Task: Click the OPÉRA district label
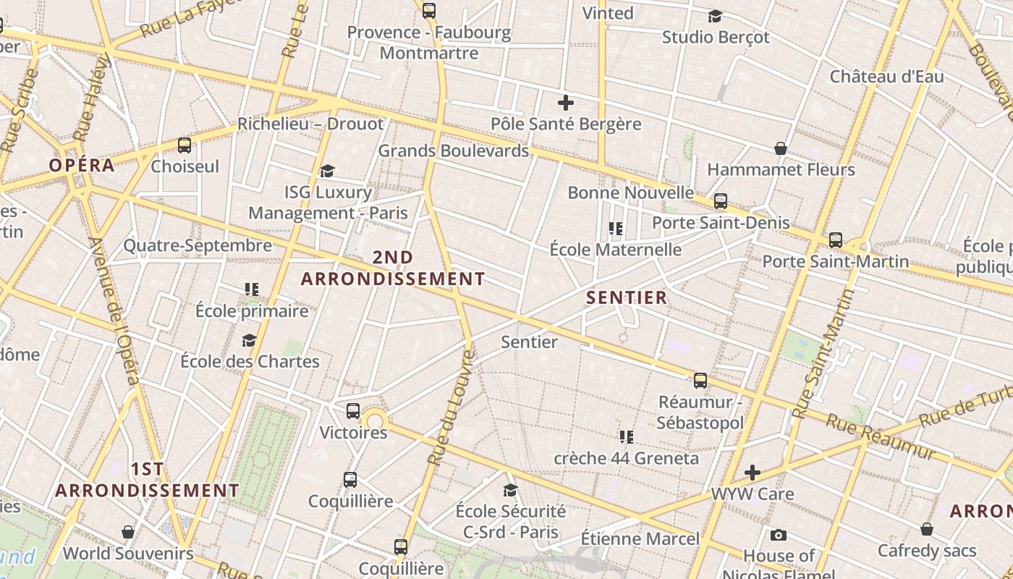[82, 165]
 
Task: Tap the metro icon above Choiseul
[185, 145]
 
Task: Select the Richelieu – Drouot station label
[310, 124]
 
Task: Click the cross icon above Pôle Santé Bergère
[566, 103]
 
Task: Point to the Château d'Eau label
[886, 77]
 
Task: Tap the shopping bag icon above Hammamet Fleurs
[781, 148]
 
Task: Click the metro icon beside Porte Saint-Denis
[721, 201]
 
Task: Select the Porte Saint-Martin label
[836, 261]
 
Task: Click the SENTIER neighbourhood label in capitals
[627, 297]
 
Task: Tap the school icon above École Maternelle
[616, 229]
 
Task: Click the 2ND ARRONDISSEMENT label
[393, 268]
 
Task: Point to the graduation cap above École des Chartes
[250, 340]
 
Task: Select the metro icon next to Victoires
[353, 410]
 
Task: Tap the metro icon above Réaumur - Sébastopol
[700, 380]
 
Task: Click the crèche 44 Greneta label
[627, 458]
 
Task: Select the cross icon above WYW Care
[753, 473]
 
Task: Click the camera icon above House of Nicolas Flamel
[779, 535]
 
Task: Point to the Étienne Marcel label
[640, 538]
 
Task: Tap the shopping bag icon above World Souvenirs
[128, 532]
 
